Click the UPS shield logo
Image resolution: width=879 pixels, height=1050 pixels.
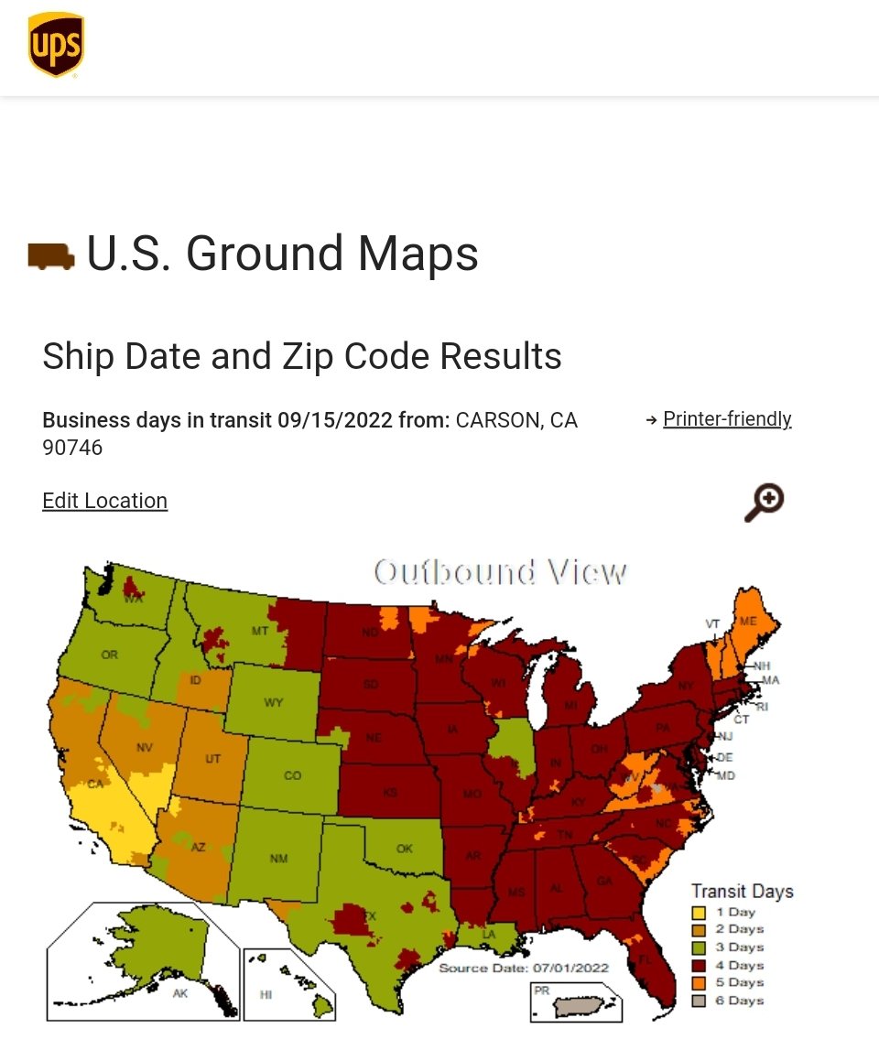[x=56, y=45]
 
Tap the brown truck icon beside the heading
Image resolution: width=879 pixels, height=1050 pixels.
[x=51, y=255]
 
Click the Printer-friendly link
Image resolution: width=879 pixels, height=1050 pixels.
[x=727, y=419]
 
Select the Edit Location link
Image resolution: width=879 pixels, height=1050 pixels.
[x=104, y=501]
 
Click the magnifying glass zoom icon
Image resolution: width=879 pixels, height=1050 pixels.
[x=764, y=503]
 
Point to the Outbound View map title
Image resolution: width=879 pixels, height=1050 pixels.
[x=501, y=572]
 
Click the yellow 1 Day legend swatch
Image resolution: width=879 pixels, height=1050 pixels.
[x=700, y=913]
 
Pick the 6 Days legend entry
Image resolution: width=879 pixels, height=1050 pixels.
[x=738, y=1001]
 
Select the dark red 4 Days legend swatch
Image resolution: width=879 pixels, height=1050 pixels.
[x=700, y=966]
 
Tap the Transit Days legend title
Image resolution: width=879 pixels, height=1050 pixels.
[x=742, y=891]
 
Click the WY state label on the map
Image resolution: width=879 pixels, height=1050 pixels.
[x=273, y=703]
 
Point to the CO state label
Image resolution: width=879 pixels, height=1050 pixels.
[x=292, y=775]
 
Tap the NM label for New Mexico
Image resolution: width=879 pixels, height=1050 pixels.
[x=278, y=859]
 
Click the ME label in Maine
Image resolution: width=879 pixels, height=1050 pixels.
[x=748, y=621]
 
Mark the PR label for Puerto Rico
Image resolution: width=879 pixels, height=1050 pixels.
[x=542, y=990]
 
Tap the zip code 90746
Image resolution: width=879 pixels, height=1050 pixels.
[x=72, y=448]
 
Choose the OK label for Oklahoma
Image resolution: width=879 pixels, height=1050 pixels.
[x=405, y=849]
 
